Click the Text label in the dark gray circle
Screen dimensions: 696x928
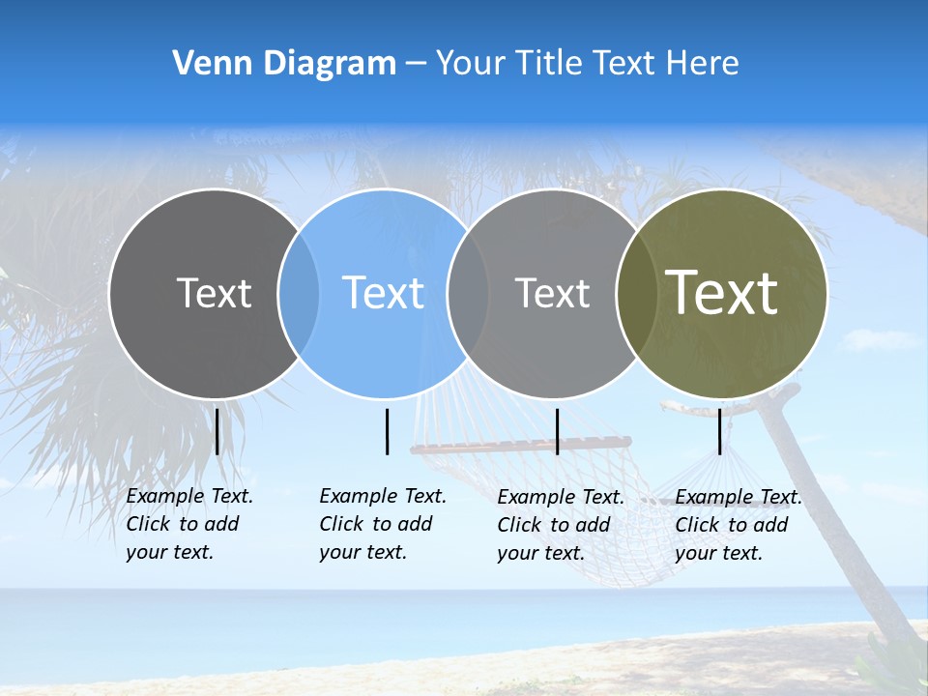click(x=214, y=293)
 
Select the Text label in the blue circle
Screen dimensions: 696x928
click(x=383, y=293)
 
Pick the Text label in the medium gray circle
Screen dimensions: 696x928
click(x=552, y=293)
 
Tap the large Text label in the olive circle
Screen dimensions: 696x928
click(x=722, y=293)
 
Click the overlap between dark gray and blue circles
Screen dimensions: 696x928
click(x=299, y=294)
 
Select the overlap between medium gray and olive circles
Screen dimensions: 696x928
click(x=631, y=294)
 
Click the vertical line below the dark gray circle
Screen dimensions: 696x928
click(x=217, y=431)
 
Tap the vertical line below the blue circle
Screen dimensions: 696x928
click(x=387, y=431)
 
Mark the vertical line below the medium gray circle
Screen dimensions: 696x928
click(x=557, y=431)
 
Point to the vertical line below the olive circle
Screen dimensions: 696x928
click(x=720, y=431)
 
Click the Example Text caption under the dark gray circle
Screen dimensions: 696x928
click(x=189, y=524)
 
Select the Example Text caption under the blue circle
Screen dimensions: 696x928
click(x=383, y=524)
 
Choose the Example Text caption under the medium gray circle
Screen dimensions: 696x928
click(x=561, y=525)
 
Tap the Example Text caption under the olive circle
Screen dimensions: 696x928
click(x=739, y=525)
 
